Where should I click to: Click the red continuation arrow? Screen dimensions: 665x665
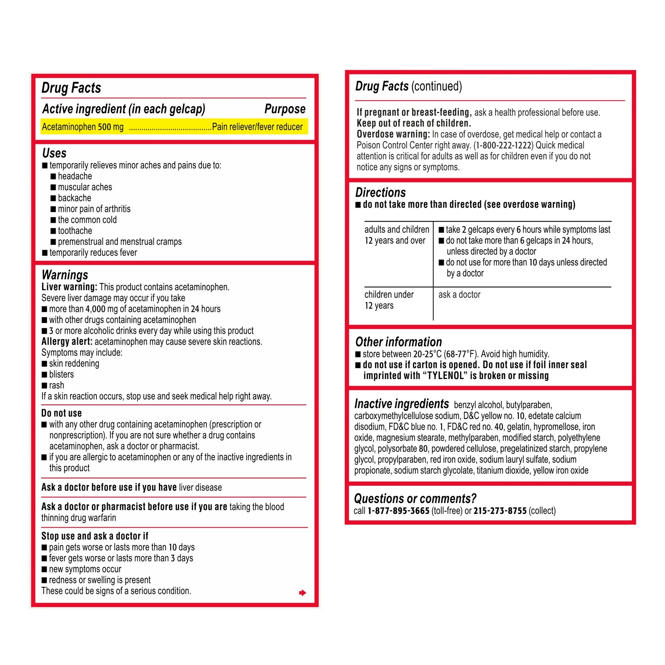click(x=302, y=593)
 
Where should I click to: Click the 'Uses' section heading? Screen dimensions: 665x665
click(x=54, y=153)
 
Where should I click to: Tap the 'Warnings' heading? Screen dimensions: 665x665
click(x=65, y=275)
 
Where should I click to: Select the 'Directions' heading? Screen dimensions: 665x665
click(x=380, y=192)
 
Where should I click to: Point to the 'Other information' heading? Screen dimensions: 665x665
click(x=398, y=342)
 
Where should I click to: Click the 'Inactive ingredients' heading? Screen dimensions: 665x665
click(x=401, y=403)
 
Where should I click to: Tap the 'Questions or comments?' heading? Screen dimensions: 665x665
click(x=415, y=498)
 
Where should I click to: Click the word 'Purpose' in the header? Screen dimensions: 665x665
click(x=285, y=109)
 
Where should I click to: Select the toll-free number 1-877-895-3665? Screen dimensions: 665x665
click(x=398, y=511)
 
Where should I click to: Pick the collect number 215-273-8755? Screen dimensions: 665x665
click(x=500, y=511)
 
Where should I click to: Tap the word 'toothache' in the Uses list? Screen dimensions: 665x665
click(x=75, y=231)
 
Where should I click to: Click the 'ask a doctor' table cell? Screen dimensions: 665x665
click(x=459, y=295)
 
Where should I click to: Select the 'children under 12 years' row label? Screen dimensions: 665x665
click(x=389, y=300)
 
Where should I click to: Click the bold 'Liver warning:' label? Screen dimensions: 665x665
click(x=69, y=287)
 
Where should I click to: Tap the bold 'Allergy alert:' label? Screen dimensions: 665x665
click(x=67, y=341)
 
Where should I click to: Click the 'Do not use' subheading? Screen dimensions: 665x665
click(x=62, y=413)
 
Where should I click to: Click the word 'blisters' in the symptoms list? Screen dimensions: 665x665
click(x=61, y=374)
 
